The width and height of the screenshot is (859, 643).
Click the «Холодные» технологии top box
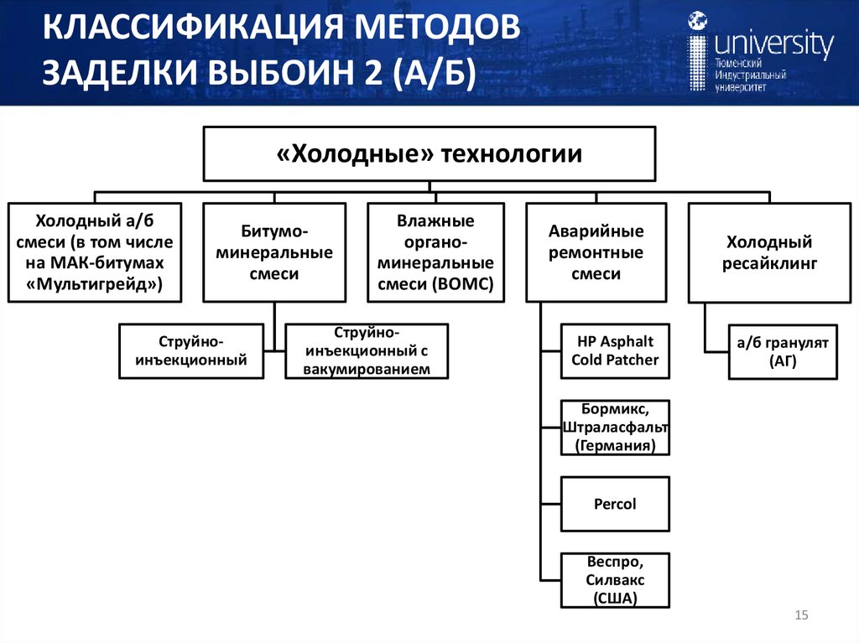point(429,153)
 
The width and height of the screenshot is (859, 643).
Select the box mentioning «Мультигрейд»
point(92,252)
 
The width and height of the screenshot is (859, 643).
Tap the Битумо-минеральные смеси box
point(274,252)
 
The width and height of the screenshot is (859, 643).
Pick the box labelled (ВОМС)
point(435,252)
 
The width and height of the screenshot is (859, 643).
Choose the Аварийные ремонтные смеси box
point(596,252)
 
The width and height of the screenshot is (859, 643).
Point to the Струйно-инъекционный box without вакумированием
point(190,351)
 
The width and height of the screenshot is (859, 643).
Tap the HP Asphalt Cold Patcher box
point(615,350)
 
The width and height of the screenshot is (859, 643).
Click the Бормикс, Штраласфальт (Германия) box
point(615,428)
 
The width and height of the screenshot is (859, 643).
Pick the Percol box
point(615,504)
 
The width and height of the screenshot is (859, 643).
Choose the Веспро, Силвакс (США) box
point(615,579)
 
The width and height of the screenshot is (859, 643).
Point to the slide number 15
point(800,617)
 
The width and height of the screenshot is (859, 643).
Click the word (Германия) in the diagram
point(615,445)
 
